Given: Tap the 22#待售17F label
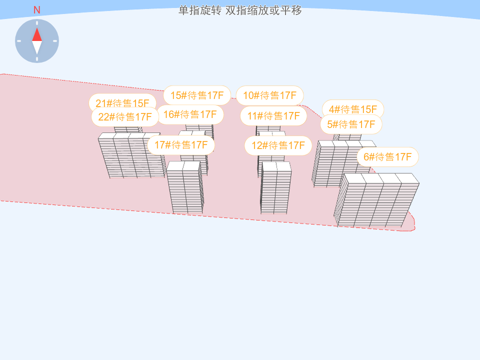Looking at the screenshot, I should tap(125, 117).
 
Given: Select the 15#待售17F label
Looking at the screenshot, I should tap(197, 95).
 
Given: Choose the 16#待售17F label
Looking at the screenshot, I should tap(190, 114).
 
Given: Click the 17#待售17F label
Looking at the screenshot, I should tap(181, 145).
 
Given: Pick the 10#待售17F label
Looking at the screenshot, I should tap(270, 95).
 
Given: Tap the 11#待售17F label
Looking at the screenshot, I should tap(273, 116).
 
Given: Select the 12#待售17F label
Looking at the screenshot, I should tap(278, 145).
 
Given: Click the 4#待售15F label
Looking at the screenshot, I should tap(353, 108).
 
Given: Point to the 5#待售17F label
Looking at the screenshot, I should tap(351, 124).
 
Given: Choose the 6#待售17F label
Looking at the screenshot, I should tap(387, 157).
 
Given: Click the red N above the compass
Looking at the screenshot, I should tap(37, 10).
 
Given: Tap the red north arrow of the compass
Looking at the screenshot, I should tap(37, 34).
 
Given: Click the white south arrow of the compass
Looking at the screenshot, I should tap(37, 47).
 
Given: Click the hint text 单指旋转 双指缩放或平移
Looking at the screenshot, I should tap(240, 10).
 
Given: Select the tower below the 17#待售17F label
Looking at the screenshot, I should tap(185, 187).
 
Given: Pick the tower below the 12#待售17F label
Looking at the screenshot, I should tap(275, 187).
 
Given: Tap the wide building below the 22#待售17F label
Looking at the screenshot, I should tap(131, 155).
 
